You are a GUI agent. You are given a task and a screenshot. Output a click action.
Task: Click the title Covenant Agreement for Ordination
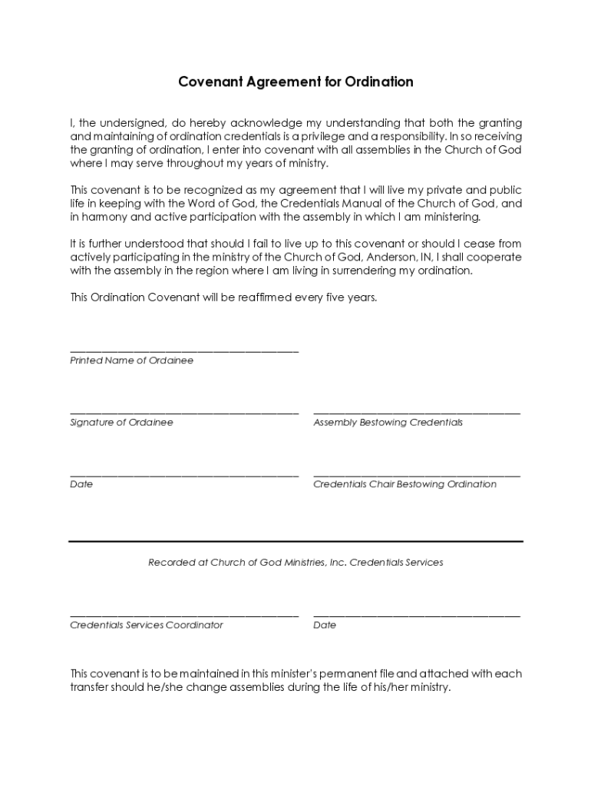point(295,81)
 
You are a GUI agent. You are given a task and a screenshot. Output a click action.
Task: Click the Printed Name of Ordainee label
point(131,360)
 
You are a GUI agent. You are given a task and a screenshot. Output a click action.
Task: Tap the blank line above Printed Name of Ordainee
point(184,351)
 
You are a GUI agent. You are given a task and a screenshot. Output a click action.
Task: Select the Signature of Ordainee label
point(121,423)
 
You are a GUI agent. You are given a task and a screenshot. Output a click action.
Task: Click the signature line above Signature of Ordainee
point(184,413)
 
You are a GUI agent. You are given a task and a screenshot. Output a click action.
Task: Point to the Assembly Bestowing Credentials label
point(388,423)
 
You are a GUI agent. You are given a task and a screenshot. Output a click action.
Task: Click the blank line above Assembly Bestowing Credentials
point(417,413)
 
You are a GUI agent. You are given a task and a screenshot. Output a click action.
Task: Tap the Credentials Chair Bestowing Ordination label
point(404,484)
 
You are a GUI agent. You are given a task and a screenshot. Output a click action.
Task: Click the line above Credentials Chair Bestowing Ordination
point(417,476)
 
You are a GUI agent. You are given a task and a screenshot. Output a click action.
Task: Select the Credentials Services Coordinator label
point(147,625)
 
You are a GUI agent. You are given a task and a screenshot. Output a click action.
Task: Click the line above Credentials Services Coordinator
point(184,616)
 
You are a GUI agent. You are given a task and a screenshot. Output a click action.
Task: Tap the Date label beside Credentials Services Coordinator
point(325,625)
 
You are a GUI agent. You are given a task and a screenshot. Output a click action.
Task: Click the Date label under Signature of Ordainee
point(81,484)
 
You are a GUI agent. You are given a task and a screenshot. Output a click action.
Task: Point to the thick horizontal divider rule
point(295,541)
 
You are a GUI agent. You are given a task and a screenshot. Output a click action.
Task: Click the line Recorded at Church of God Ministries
point(295,563)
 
